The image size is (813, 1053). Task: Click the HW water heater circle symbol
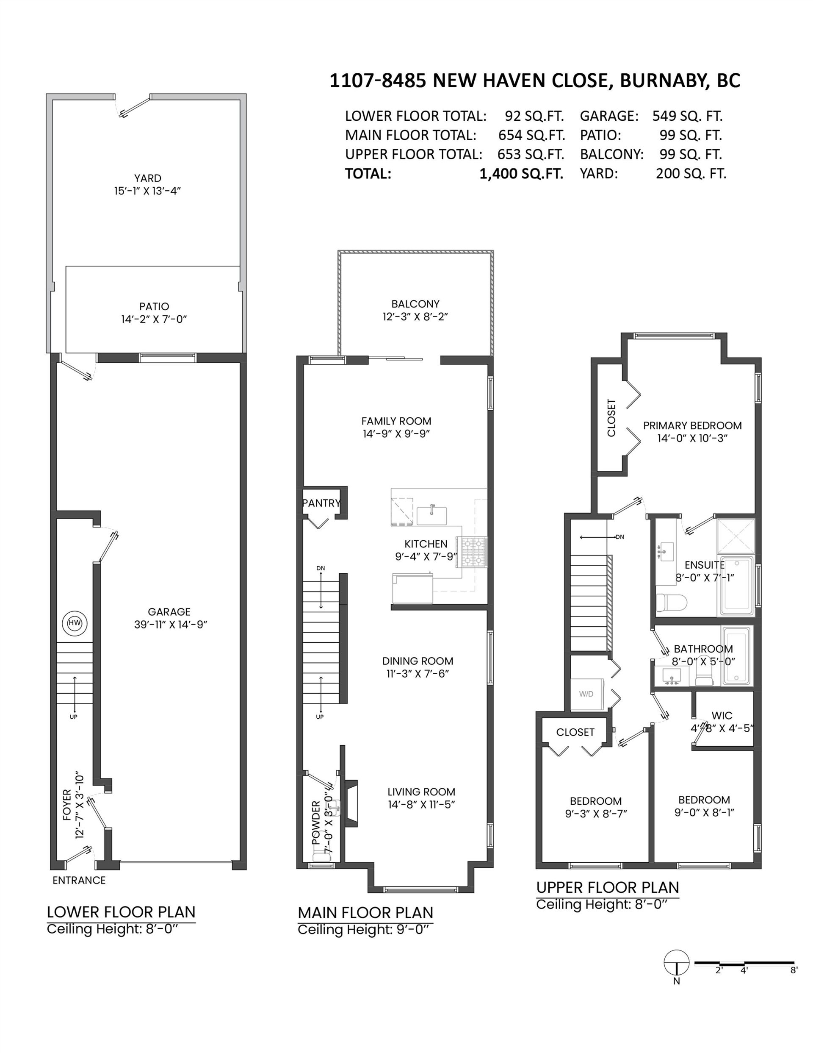coord(74,623)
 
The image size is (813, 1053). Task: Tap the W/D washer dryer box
coord(586,694)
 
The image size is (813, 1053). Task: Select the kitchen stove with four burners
coord(475,552)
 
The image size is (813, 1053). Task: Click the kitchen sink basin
coord(432,515)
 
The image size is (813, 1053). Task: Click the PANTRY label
coord(321,503)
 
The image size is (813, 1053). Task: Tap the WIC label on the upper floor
coord(722,716)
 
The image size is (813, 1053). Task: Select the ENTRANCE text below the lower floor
coord(79,881)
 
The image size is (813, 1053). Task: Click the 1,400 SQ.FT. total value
coord(521,174)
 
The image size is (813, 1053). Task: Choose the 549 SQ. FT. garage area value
coord(687,116)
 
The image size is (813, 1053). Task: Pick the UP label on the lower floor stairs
coord(73,717)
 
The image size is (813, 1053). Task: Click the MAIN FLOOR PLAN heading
coord(365,913)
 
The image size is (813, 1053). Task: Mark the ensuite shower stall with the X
coord(736,536)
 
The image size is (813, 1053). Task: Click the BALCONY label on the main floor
coord(415,304)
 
